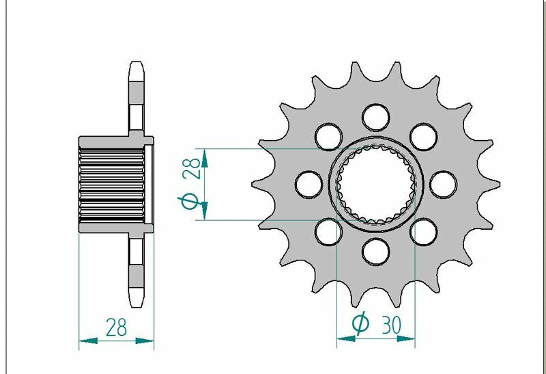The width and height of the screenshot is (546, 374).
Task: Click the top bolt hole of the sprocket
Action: [x=375, y=116]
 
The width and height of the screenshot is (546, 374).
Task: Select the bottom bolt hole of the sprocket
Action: [x=375, y=251]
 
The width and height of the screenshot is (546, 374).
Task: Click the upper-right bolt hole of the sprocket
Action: [x=423, y=136]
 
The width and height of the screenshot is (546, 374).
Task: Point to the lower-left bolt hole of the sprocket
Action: [x=329, y=232]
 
